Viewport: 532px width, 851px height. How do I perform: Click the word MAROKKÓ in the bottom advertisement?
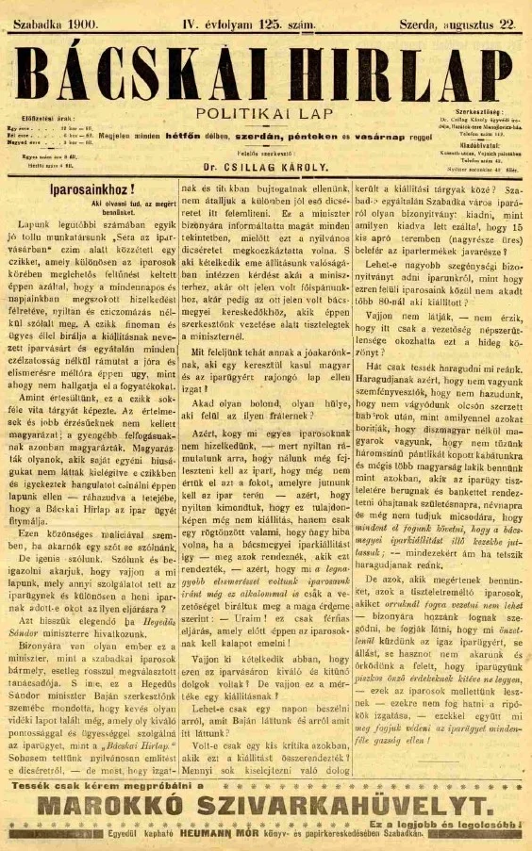click(x=124, y=804)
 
